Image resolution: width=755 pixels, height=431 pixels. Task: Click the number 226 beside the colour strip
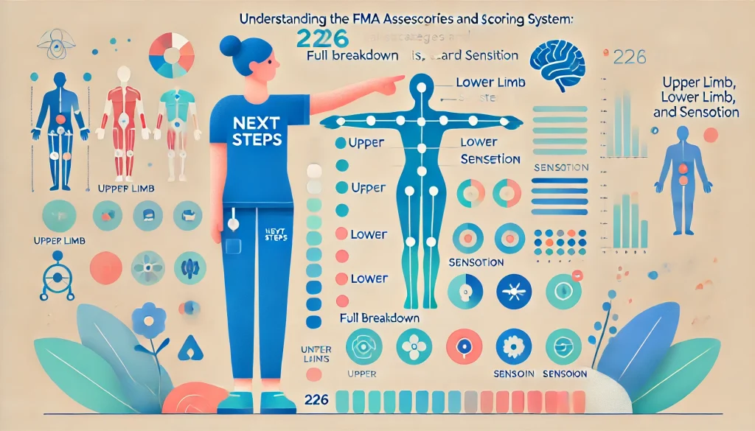tap(314, 399)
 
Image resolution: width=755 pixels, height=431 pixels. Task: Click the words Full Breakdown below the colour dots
tap(380, 318)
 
